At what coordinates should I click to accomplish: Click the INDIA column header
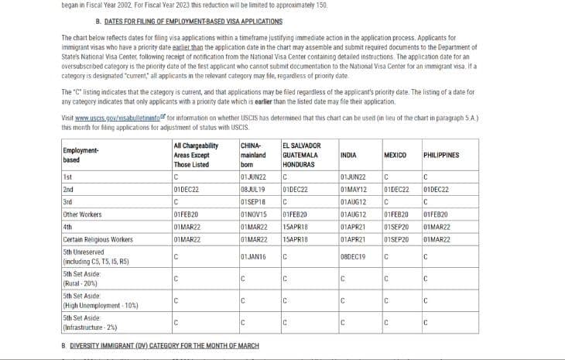point(348,155)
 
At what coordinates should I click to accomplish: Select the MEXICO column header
point(395,155)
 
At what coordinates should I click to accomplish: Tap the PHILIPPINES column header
point(441,155)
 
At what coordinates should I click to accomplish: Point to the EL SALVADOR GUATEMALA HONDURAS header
point(300,155)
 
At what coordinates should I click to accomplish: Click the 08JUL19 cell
point(252,188)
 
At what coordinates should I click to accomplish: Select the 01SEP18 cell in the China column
point(252,201)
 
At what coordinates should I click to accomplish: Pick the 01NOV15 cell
point(253,214)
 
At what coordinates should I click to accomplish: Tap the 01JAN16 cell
point(252,256)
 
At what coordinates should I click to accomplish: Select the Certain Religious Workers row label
point(98,239)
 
